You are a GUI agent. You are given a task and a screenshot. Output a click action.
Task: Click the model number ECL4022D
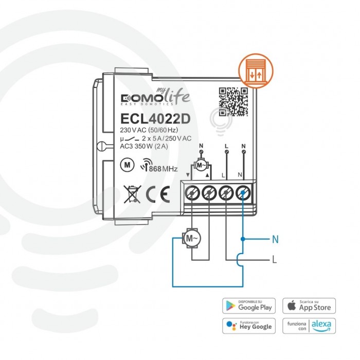(155, 118)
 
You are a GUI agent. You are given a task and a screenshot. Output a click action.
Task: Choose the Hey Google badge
(248, 326)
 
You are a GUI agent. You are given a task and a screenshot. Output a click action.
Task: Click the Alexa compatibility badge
(309, 326)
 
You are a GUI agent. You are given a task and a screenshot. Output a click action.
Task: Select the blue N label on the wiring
(275, 239)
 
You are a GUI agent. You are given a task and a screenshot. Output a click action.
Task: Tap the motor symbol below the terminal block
(191, 238)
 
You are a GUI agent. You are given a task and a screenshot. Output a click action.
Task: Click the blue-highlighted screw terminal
(242, 194)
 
